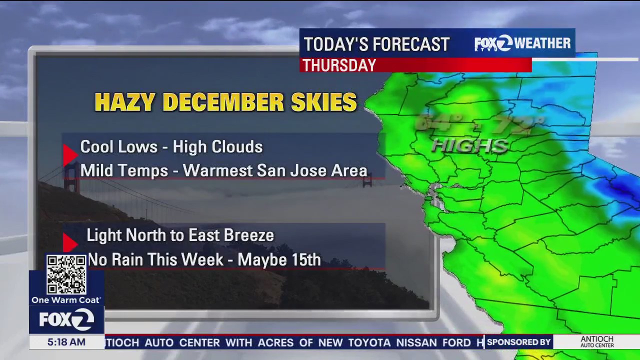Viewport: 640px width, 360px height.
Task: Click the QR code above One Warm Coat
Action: tap(66, 274)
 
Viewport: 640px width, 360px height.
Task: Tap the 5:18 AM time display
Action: tap(66, 342)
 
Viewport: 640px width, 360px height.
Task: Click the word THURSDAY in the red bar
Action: tap(339, 65)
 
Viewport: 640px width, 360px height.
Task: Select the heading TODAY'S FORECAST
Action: tap(376, 44)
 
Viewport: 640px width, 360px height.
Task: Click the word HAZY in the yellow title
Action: tap(124, 102)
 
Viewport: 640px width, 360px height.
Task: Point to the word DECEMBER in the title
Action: tap(223, 102)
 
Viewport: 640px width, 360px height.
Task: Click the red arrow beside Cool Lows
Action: tap(70, 155)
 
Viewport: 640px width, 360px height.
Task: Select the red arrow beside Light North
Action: tap(70, 243)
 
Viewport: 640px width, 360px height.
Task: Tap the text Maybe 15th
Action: tap(279, 260)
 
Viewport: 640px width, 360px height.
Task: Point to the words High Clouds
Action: tap(217, 147)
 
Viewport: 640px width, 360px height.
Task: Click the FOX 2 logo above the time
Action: tap(66, 319)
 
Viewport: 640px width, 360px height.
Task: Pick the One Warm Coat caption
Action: tap(66, 300)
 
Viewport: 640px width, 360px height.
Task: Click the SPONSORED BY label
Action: tap(518, 342)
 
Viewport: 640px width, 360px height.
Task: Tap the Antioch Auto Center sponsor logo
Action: tap(597, 342)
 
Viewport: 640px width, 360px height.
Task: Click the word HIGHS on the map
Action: tap(470, 146)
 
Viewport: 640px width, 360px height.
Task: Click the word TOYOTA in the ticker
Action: tap(369, 342)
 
